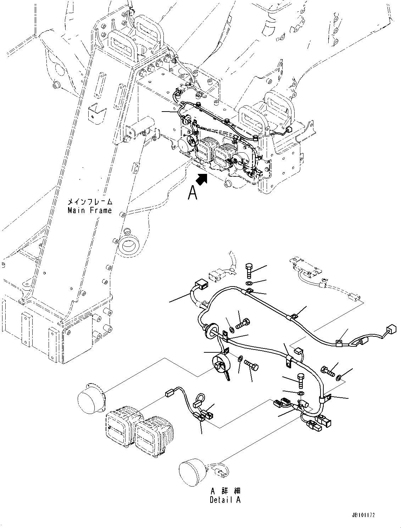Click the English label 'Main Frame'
click(x=90, y=210)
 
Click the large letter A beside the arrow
click(x=193, y=193)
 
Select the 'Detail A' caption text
click(x=225, y=500)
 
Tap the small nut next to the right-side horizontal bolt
click(x=339, y=377)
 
